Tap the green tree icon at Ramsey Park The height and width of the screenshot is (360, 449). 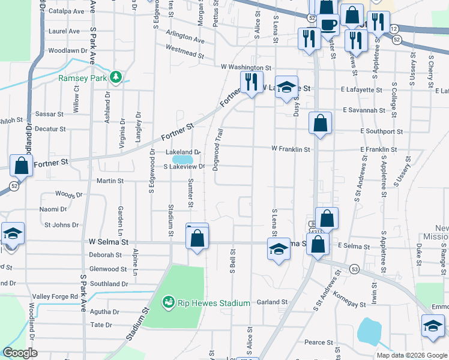coord(116,77)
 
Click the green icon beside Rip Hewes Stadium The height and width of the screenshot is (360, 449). coord(169,302)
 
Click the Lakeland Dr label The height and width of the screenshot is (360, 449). coord(182,152)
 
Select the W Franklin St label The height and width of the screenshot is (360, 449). coord(291,149)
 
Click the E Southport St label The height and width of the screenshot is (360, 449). coord(382,131)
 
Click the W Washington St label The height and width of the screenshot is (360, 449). coord(246,68)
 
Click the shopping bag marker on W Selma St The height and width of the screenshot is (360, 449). coord(197,238)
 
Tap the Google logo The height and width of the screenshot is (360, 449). coord(20,353)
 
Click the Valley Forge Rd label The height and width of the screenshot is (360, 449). coord(55,296)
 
